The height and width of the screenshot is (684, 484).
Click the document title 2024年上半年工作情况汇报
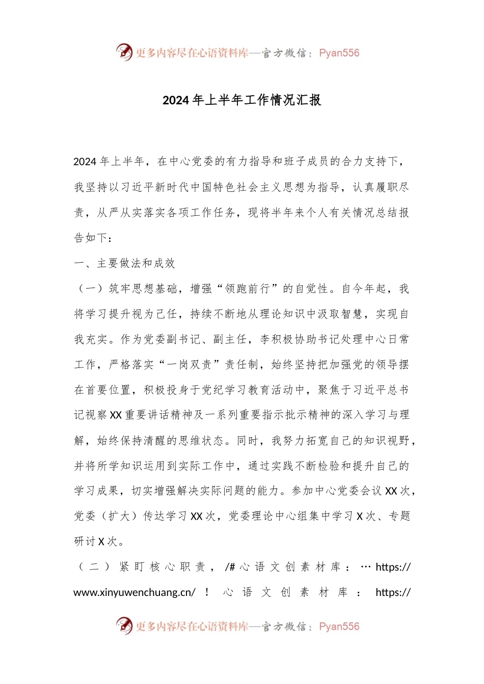coord(241,100)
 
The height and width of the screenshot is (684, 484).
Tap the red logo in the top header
coord(124,52)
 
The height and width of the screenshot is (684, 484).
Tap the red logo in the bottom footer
coord(124,626)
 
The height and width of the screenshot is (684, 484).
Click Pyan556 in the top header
coord(339,53)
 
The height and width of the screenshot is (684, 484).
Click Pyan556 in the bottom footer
coord(339,626)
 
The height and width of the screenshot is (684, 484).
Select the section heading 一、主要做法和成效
coord(124,263)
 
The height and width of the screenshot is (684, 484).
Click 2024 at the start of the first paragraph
coord(85,162)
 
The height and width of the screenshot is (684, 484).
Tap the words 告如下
coord(91,238)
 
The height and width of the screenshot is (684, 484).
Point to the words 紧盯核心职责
coord(162,567)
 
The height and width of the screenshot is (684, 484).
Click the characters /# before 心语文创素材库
coord(229,567)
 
